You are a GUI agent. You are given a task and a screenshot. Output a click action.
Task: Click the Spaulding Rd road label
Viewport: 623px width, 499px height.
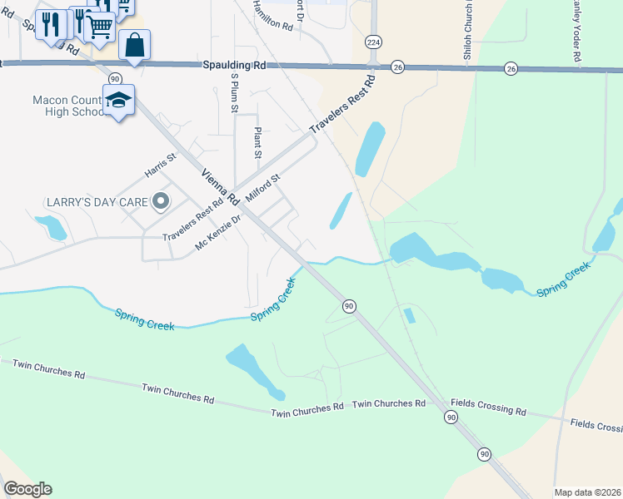[x=234, y=64]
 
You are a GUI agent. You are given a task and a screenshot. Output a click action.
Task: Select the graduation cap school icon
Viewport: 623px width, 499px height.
[x=119, y=101]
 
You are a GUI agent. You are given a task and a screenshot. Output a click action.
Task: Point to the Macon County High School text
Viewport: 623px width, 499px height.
[x=68, y=106]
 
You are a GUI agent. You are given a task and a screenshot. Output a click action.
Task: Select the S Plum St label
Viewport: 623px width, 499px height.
[x=235, y=92]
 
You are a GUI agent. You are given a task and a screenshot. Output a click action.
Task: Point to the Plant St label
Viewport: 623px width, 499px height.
[x=258, y=142]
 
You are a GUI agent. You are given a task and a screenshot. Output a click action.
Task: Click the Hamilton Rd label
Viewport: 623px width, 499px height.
[x=276, y=16]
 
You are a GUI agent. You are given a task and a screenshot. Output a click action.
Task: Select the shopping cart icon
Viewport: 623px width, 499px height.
[x=99, y=26]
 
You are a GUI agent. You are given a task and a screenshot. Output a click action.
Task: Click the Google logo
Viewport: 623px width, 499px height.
[x=27, y=489]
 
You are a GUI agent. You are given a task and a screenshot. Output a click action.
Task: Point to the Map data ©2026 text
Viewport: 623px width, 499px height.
[x=586, y=492]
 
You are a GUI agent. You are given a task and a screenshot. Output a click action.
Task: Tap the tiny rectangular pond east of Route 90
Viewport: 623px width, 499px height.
[x=409, y=315]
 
